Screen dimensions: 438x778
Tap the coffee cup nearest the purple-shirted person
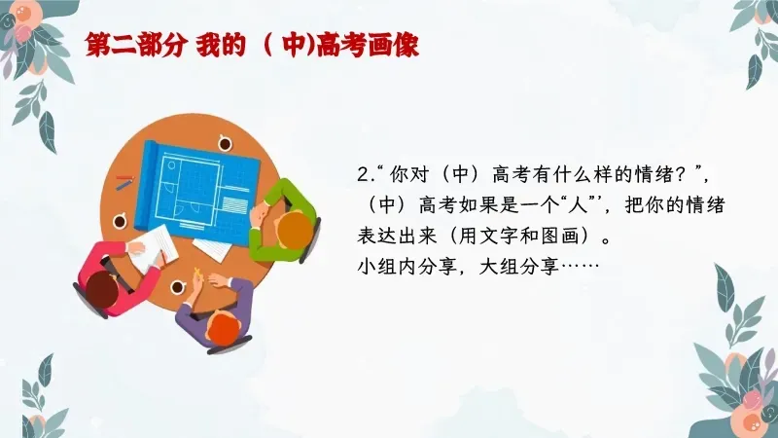179,288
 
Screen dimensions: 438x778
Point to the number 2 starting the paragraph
363,176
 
